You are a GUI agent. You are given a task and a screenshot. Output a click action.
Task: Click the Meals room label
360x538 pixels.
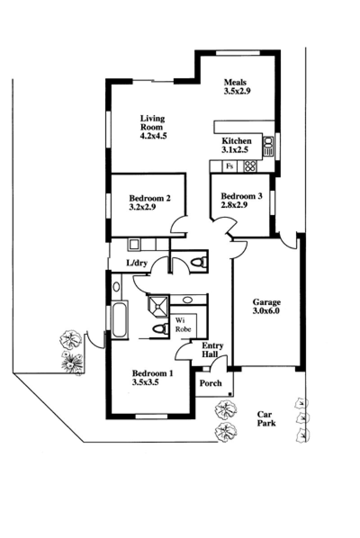235,82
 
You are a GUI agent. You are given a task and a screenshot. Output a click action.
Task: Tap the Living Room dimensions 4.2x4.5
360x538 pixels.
153,135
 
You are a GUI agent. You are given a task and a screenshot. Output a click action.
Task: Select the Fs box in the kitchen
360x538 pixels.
229,166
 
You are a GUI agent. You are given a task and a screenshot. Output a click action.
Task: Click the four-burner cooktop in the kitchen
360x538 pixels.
250,166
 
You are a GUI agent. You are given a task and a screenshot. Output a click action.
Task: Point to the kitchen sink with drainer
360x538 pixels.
269,147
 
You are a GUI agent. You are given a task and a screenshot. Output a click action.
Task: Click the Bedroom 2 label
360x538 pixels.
149,198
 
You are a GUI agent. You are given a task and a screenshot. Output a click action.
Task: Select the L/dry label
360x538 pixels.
136,263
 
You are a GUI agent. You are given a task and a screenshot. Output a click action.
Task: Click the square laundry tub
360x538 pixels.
134,244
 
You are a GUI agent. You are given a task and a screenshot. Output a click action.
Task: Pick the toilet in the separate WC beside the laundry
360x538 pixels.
198,261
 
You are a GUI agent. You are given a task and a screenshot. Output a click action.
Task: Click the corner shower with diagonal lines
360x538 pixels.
158,305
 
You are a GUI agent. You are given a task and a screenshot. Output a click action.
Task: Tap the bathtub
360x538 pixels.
120,320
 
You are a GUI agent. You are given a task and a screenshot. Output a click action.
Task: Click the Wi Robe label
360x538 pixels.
183,325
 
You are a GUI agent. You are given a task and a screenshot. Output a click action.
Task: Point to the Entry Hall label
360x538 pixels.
212,350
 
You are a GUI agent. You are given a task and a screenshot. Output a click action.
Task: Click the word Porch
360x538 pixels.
211,383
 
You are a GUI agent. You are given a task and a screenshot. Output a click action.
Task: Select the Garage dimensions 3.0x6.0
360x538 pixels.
266,310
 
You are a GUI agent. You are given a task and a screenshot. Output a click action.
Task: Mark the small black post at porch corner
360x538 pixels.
231,394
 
